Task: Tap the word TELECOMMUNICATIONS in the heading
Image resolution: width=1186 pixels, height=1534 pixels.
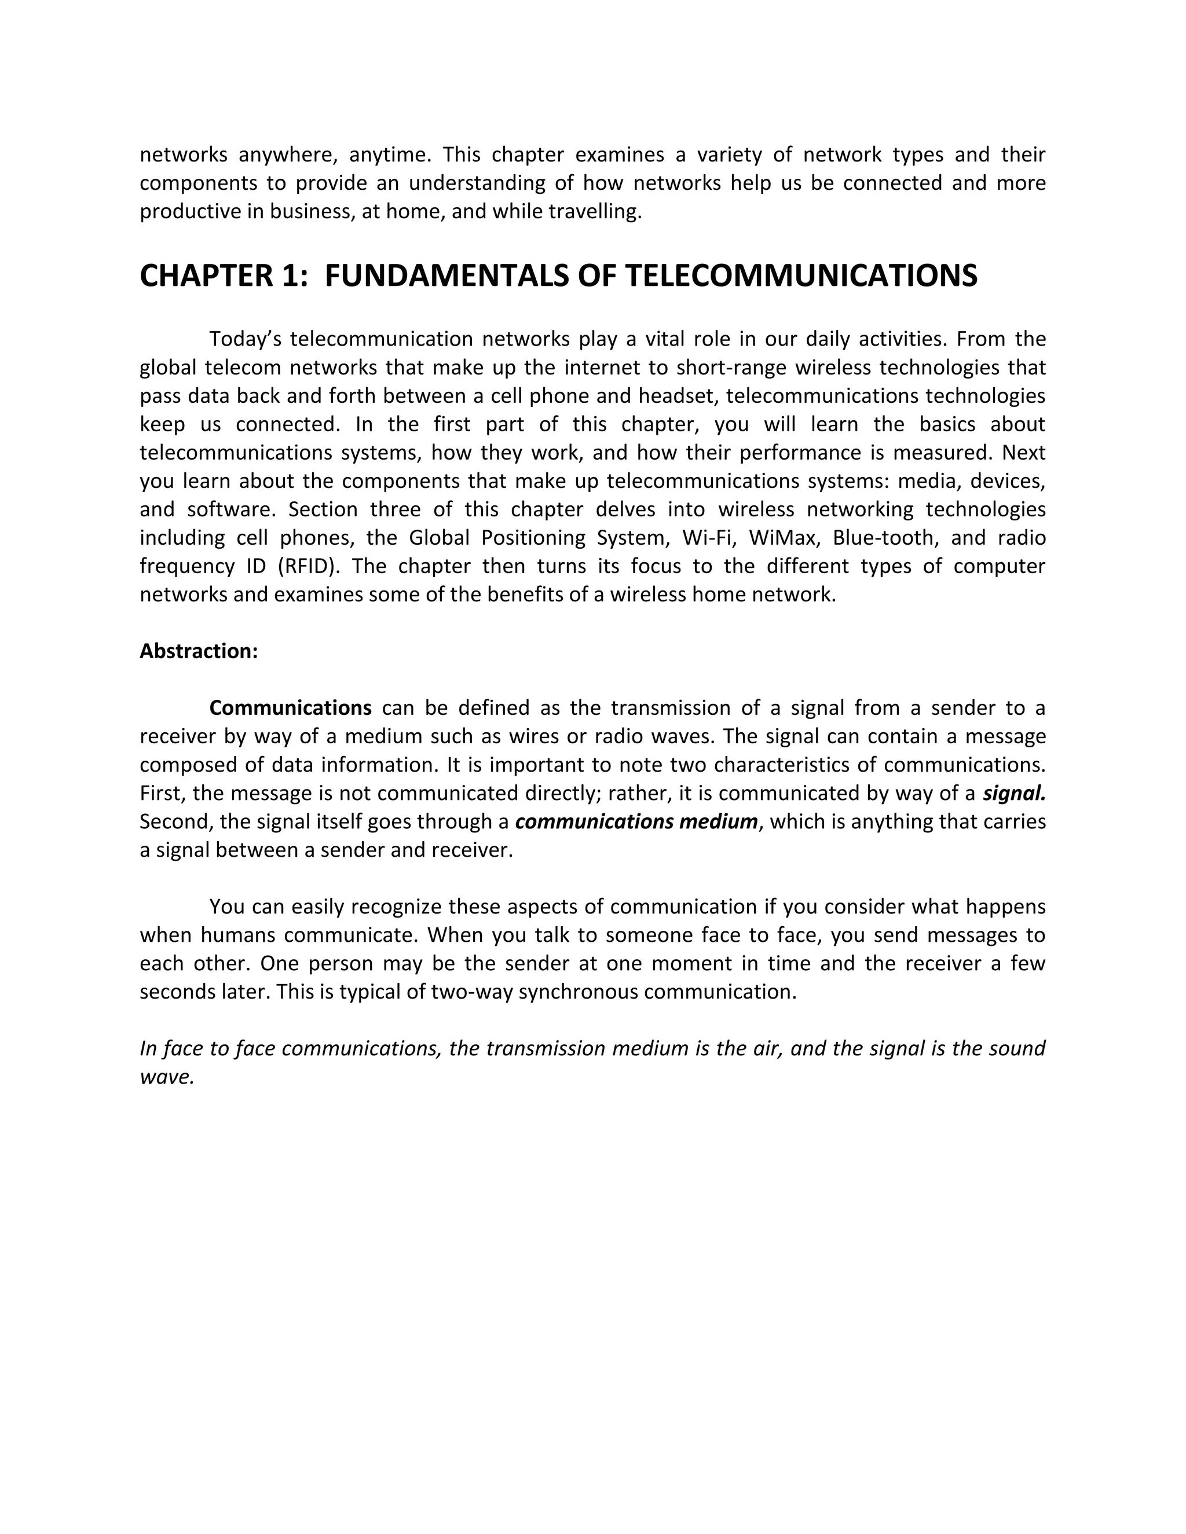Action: (800, 276)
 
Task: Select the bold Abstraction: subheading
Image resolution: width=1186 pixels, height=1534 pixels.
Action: (199, 651)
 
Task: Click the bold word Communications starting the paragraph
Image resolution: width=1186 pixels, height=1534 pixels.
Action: (290, 708)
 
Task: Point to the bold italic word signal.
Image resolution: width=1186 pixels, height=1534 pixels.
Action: (1014, 793)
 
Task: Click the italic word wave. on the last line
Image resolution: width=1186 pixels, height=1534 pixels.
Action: (167, 1077)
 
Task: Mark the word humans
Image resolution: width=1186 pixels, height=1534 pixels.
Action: (237, 935)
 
